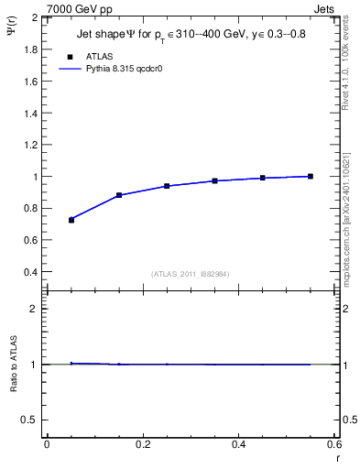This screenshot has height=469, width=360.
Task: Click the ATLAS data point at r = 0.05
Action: coord(71,220)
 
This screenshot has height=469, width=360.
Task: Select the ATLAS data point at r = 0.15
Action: coord(119,195)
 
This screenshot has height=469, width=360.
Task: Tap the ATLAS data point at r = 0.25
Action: coord(167,186)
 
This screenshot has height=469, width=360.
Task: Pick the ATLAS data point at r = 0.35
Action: coord(215,180)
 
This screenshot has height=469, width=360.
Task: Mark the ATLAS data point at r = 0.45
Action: coord(263,178)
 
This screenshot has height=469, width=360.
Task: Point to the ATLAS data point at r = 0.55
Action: coord(311,176)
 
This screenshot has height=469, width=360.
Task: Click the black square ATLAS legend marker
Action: coord(71,57)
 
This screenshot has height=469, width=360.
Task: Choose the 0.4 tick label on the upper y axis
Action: coord(31,272)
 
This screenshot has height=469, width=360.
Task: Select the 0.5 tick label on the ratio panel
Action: coord(31,420)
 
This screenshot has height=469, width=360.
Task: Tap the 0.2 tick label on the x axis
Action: coord(142,444)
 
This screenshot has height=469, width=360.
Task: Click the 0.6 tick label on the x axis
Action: coord(333,444)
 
